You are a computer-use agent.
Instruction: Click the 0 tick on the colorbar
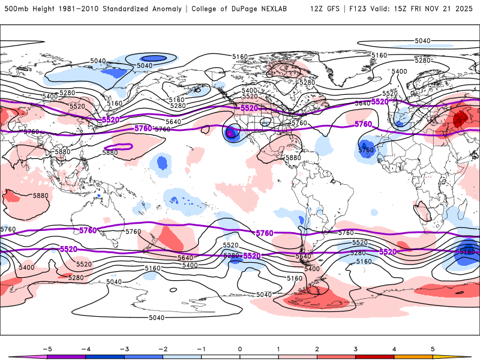[240, 348]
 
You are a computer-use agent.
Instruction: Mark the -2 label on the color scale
[162, 348]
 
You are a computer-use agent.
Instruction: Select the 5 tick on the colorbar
[433, 348]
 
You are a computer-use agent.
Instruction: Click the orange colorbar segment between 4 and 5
[413, 356]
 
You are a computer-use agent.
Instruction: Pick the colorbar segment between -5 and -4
[67, 356]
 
